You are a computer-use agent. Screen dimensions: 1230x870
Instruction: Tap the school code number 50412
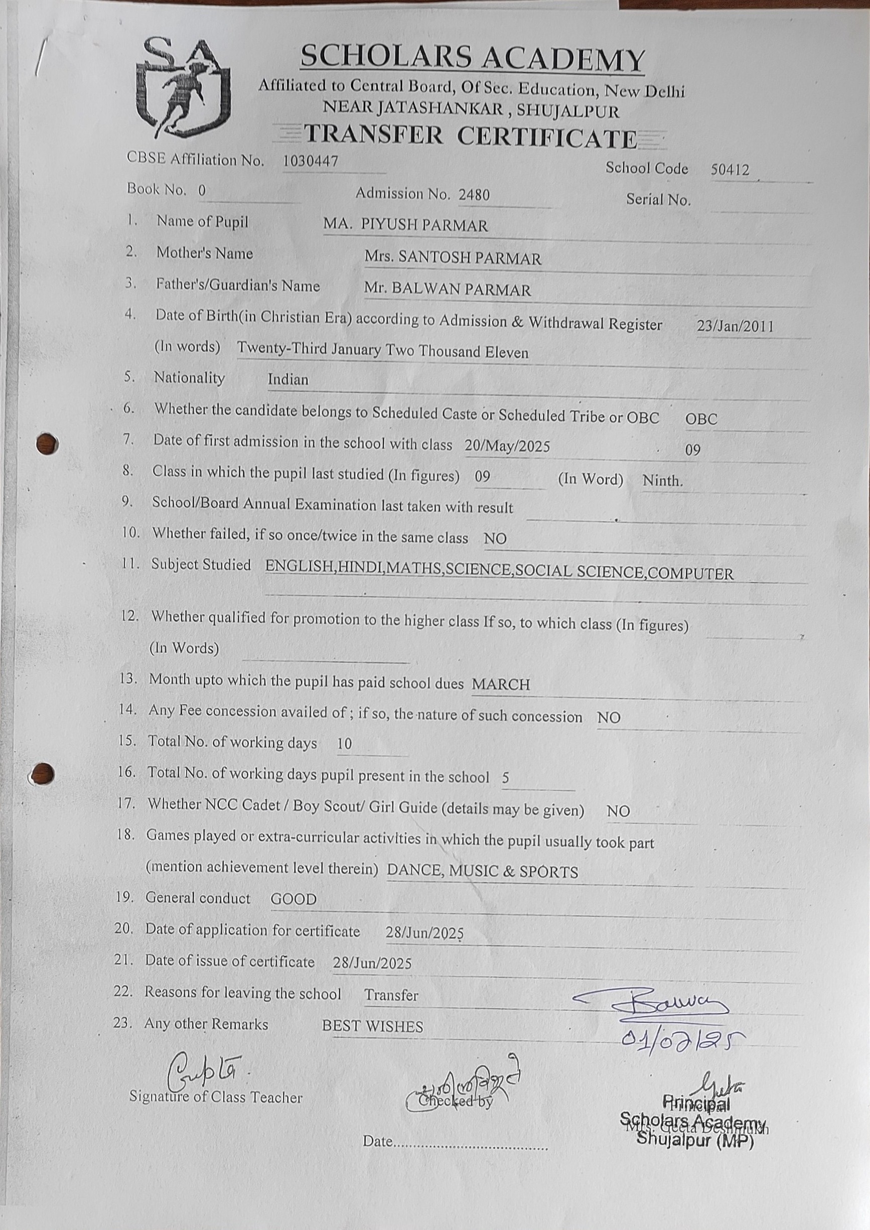[730, 170]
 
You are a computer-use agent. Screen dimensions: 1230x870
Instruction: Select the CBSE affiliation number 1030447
[311, 161]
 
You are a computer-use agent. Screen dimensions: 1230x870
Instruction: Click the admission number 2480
[474, 195]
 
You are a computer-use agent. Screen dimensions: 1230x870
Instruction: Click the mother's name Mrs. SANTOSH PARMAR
[453, 258]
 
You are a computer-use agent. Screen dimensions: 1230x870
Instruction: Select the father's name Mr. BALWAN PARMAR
[448, 289]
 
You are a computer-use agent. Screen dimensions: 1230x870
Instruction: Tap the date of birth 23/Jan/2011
[735, 326]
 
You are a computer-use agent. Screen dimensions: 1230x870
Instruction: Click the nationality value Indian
[288, 380]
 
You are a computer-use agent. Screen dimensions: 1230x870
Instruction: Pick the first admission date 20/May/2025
[507, 446]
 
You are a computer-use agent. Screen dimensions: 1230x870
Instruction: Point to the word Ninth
[663, 481]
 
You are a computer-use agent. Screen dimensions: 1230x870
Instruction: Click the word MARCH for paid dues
[501, 684]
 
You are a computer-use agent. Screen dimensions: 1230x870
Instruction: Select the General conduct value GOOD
[294, 899]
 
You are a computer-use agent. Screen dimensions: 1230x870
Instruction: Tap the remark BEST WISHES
[372, 1026]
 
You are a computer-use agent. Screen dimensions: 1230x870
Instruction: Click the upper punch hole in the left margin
[47, 444]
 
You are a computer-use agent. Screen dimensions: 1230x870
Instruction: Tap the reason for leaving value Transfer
[391, 995]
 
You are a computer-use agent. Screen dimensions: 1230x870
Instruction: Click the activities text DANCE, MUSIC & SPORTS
[482, 872]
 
